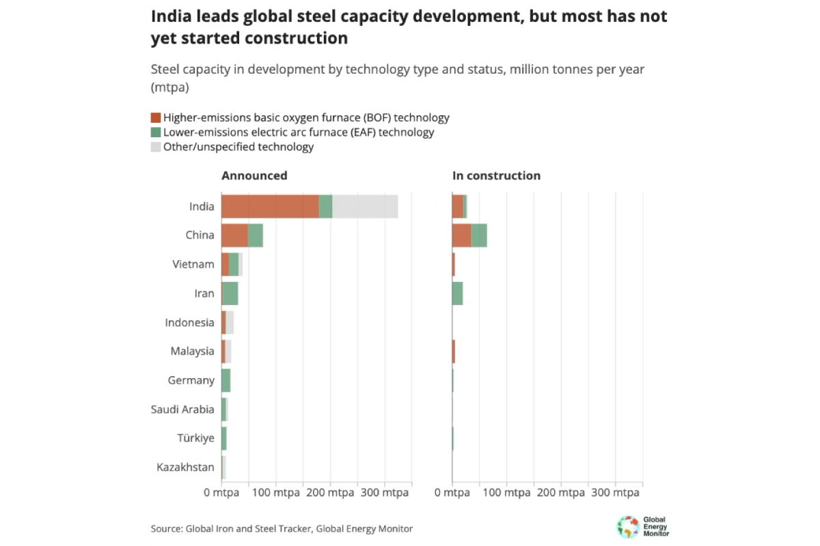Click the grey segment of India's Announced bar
point(365,206)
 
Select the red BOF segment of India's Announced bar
point(270,206)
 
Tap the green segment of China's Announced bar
point(256,235)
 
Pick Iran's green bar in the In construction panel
point(458,293)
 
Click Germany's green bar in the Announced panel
point(226,380)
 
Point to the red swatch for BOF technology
point(156,118)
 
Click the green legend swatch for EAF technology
point(156,132)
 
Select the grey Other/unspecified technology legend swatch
point(156,147)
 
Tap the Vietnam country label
point(193,264)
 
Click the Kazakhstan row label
point(185,468)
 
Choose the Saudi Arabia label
point(182,409)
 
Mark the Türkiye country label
point(195,438)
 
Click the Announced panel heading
point(254,175)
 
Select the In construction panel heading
point(496,175)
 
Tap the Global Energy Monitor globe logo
point(627,526)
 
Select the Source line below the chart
point(282,528)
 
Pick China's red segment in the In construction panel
point(462,235)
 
